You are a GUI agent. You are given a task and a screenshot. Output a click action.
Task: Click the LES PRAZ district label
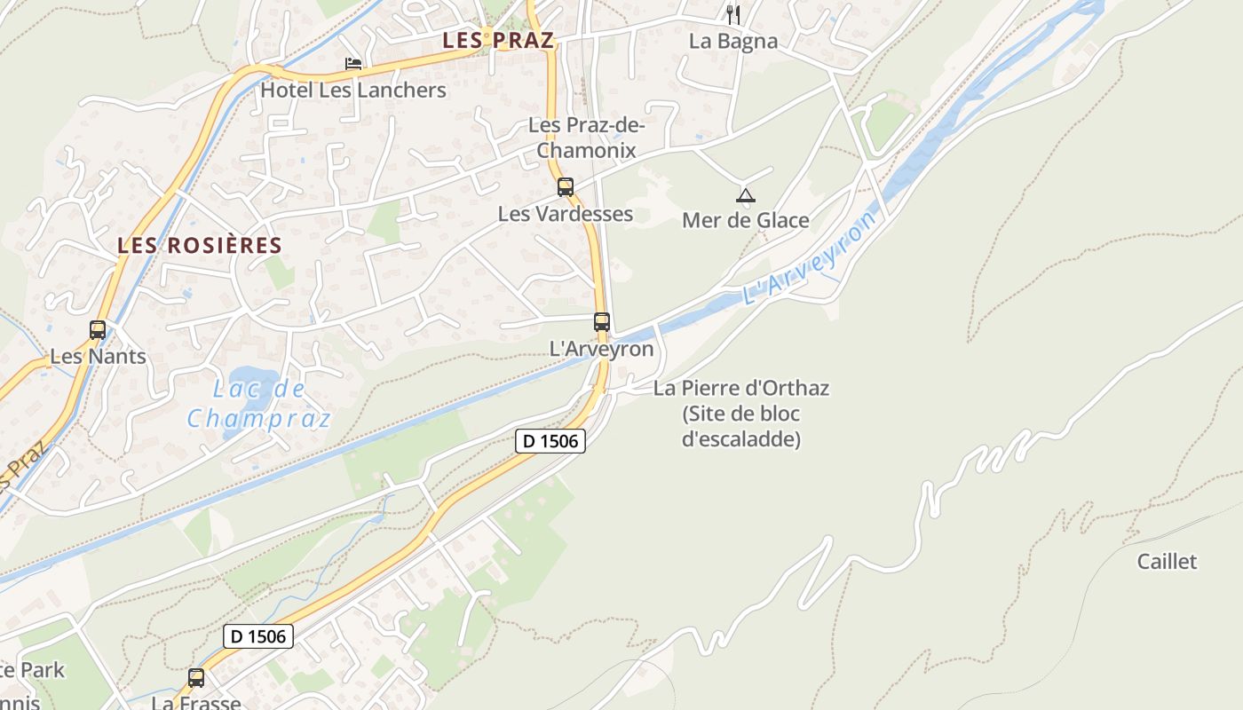click(x=498, y=40)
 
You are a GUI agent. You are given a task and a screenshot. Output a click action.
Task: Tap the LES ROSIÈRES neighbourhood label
click(x=200, y=246)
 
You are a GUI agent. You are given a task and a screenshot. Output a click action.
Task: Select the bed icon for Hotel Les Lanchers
click(x=353, y=64)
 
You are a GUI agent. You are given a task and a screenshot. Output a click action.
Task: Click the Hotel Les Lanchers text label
click(x=353, y=90)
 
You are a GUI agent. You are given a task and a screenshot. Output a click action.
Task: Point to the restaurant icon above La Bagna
click(x=732, y=15)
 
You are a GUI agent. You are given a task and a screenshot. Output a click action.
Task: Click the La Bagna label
click(x=732, y=41)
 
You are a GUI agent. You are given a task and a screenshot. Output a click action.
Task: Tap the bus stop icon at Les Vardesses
click(x=566, y=187)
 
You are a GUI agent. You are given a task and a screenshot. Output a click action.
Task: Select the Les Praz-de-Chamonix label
click(x=586, y=138)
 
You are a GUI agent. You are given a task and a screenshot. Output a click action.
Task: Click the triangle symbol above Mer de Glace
click(x=746, y=196)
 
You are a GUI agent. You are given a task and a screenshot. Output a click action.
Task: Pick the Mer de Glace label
click(x=746, y=220)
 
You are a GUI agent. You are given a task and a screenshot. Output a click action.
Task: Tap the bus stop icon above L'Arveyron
click(x=602, y=322)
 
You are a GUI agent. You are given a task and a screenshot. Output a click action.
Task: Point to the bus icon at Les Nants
click(x=98, y=330)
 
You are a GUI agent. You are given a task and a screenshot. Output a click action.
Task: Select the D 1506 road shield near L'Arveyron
click(x=550, y=440)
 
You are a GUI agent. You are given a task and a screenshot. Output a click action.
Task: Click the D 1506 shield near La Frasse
click(x=257, y=635)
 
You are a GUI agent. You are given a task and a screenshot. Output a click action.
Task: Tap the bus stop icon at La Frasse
click(x=196, y=678)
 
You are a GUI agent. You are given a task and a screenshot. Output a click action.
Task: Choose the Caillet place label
click(x=1167, y=561)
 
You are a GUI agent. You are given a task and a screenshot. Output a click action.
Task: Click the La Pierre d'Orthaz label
click(x=741, y=388)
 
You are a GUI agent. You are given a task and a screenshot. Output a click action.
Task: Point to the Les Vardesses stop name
click(x=566, y=214)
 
